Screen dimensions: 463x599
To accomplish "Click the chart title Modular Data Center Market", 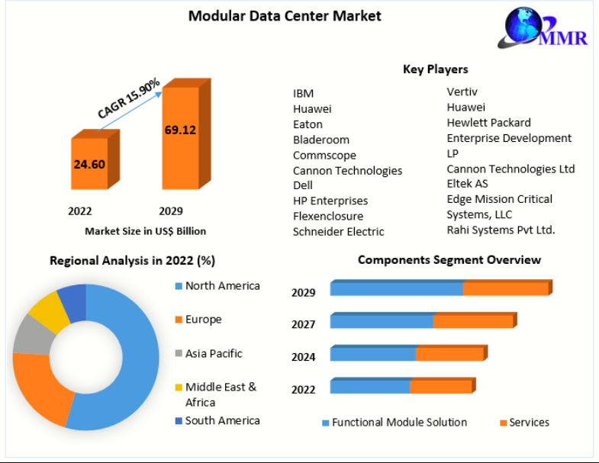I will [285, 15].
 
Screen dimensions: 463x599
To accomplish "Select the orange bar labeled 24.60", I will [90, 163].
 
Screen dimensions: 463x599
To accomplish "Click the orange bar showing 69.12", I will [180, 137].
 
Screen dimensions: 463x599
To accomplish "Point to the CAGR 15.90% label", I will [128, 98].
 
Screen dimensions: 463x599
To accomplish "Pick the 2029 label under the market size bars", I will [170, 211].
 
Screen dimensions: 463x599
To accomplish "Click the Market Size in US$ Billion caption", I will [145, 230].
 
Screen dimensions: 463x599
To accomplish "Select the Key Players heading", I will [435, 69].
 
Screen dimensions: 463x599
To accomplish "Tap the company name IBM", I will [303, 94].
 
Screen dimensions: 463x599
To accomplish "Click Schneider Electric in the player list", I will [338, 231].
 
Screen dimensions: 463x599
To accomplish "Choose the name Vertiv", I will [462, 92].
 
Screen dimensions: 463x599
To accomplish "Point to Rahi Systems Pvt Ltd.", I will [501, 230].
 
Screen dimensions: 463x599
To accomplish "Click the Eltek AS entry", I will [467, 184].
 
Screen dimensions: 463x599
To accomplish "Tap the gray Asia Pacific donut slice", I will [31, 336].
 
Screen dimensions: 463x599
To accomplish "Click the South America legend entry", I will [222, 420].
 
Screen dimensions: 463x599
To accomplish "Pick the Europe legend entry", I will [203, 320].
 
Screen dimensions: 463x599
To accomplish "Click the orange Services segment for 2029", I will [505, 289].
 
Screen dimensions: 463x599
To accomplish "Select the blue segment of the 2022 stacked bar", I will [370, 387].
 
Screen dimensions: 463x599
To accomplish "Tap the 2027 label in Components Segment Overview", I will [303, 324].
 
